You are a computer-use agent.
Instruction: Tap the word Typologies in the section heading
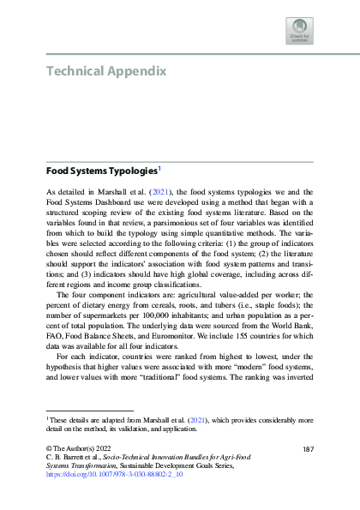[126, 171]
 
